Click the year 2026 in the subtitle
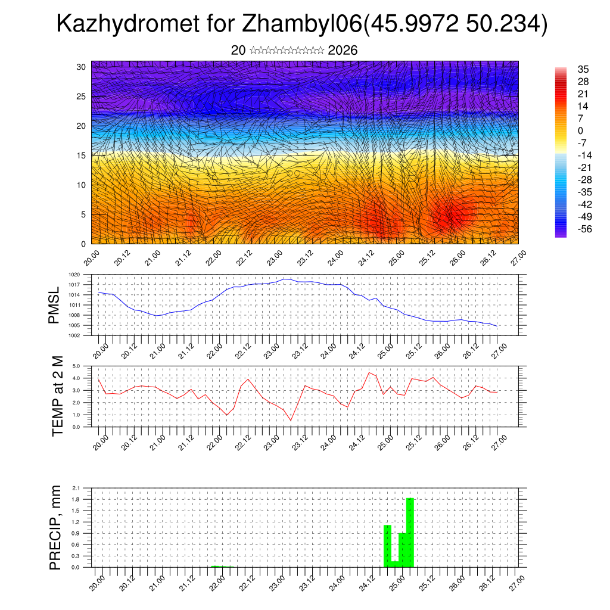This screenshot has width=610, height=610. click(x=343, y=51)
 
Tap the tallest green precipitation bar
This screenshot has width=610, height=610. click(x=410, y=532)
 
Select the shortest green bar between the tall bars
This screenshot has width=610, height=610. click(x=395, y=564)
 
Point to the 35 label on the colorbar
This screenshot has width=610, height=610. click(x=583, y=69)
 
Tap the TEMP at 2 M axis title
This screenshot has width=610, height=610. click(x=58, y=396)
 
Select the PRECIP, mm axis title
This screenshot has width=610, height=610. click(x=55, y=527)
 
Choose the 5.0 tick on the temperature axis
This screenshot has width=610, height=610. click(x=77, y=366)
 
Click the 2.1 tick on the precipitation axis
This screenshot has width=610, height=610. click(x=76, y=488)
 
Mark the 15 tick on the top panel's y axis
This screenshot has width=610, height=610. click(x=82, y=155)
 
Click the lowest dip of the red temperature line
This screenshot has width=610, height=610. click(x=291, y=420)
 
